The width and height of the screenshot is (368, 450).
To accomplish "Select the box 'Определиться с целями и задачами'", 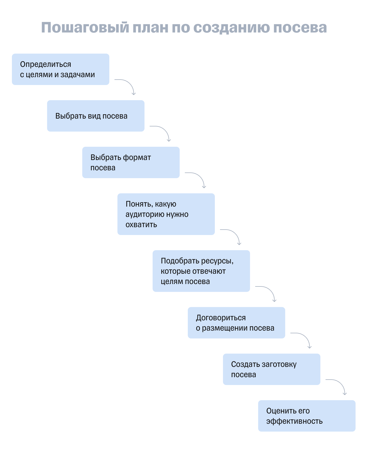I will click(x=60, y=69).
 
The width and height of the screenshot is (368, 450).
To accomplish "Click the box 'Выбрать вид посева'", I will click(x=96, y=116).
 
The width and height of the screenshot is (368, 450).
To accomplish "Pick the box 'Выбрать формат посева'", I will click(x=131, y=162).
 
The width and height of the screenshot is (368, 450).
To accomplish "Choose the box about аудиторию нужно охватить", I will click(x=166, y=214).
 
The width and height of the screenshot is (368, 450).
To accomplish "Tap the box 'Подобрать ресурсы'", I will click(x=201, y=271).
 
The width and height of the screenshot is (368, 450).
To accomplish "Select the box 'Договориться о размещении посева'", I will click(x=236, y=323).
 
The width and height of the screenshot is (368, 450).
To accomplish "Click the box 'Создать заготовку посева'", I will click(x=271, y=369).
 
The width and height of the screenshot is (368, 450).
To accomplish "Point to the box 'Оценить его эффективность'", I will click(x=307, y=416).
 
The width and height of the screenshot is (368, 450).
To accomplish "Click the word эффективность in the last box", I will click(x=294, y=421).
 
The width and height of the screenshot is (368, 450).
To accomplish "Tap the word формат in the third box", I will click(x=137, y=158).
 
